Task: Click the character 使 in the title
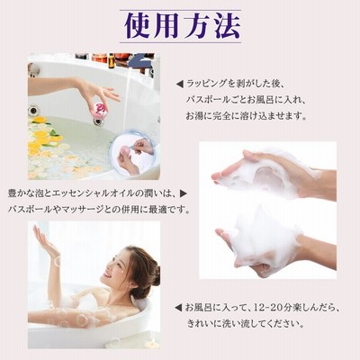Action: coord(138,26)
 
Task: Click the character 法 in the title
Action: coord(227,26)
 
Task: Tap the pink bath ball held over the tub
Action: coord(100,107)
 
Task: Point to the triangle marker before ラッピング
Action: coord(180,85)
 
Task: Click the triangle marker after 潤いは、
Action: coord(183,193)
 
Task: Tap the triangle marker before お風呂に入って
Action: coord(178,308)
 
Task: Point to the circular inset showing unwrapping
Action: coord(132,152)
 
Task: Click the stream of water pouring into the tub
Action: coord(127,102)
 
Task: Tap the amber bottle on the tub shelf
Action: coord(111,60)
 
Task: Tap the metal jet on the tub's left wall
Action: coord(33,111)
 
